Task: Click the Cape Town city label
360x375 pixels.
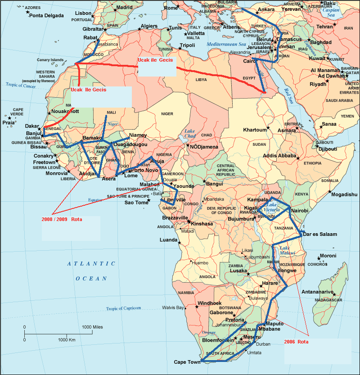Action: coord(187,362)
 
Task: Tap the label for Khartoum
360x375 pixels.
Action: coord(255,130)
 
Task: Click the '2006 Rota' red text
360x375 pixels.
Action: coord(297,342)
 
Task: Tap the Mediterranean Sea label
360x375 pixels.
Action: coord(227,45)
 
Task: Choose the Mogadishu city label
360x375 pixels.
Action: coord(344,194)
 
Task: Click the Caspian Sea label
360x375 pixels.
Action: coord(332,12)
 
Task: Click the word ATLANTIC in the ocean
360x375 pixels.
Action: coord(85,264)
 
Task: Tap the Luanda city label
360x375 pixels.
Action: coord(169,240)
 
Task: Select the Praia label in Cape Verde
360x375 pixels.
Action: coord(8,122)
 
